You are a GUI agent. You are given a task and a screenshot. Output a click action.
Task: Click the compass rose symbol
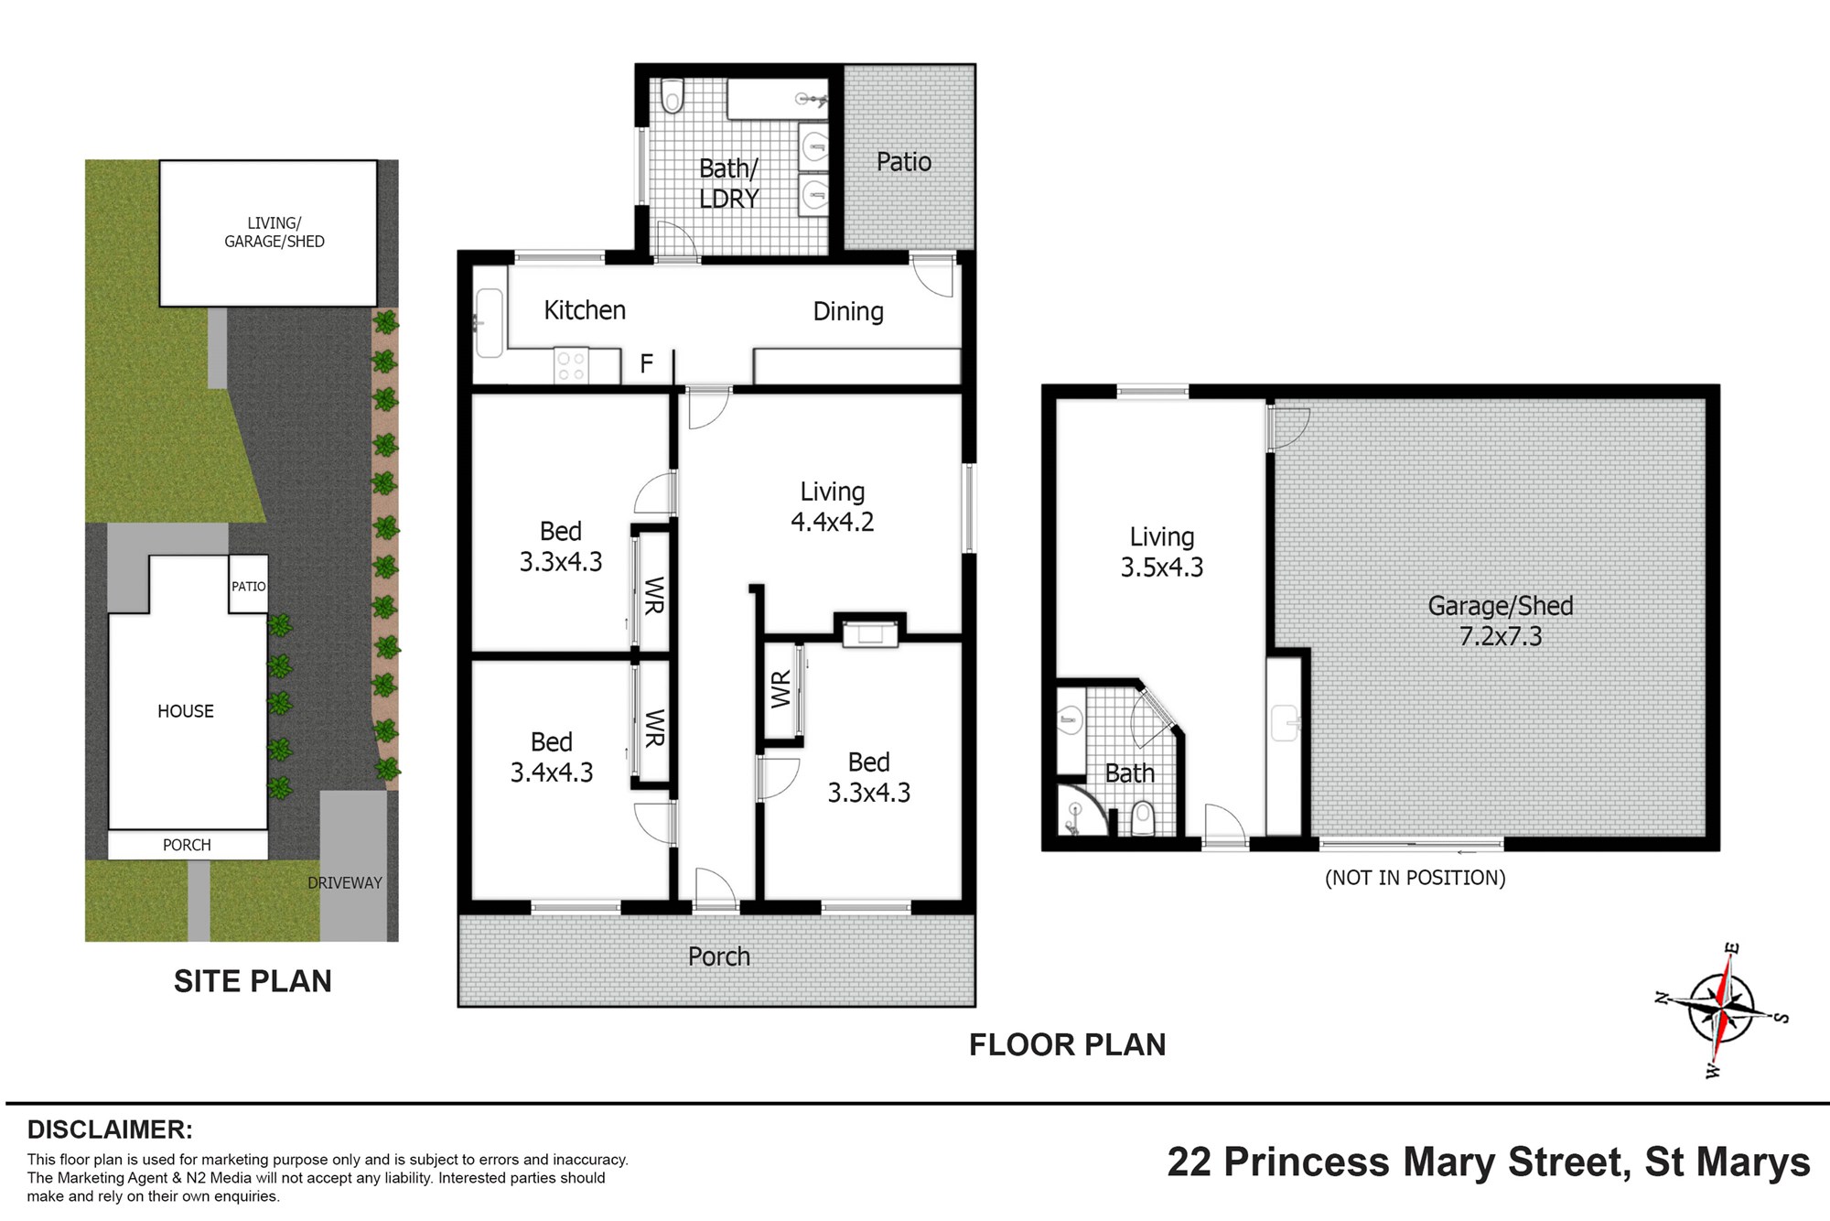tap(1721, 1010)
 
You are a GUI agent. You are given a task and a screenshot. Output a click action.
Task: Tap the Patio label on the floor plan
tap(904, 162)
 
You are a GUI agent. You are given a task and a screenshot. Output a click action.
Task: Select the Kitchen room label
tap(585, 310)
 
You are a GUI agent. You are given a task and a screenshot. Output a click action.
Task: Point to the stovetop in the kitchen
tap(572, 366)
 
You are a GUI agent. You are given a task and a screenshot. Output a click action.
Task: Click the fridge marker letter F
tap(646, 364)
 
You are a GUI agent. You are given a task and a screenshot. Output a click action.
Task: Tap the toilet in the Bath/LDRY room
tap(673, 95)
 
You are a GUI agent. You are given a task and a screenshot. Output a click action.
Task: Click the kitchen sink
tap(489, 322)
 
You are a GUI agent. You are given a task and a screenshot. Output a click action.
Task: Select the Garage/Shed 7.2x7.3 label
tap(1501, 621)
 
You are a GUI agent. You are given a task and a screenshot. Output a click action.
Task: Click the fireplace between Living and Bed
tap(870, 632)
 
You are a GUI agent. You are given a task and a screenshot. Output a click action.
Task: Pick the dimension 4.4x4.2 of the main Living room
tap(833, 522)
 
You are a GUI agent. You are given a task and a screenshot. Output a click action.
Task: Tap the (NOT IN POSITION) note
tap(1416, 878)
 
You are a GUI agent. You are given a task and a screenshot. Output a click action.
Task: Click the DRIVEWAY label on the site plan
tap(345, 883)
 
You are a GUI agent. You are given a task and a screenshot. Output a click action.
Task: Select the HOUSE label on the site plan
tap(186, 711)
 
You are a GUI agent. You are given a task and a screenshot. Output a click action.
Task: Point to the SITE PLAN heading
tap(253, 981)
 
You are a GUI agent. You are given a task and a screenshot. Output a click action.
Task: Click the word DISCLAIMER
tap(110, 1129)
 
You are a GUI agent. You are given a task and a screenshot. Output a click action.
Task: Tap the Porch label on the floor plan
tap(719, 956)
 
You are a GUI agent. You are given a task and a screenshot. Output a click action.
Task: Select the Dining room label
tap(848, 312)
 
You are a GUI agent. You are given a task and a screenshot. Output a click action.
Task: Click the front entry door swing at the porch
tap(716, 888)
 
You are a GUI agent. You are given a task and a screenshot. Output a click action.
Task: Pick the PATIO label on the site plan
tap(248, 587)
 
